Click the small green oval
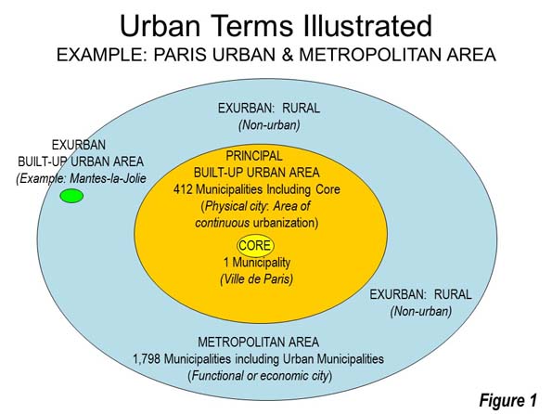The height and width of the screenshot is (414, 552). click(x=71, y=196)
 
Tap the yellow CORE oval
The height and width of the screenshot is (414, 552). click(x=255, y=245)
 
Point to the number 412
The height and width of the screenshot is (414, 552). click(x=183, y=189)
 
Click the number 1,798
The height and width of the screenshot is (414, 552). click(x=147, y=359)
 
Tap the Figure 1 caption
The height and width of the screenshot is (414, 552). click(x=508, y=400)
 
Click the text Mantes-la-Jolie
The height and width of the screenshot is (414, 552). click(x=108, y=178)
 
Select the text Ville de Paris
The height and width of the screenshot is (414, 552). click(x=257, y=279)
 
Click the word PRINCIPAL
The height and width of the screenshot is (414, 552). click(x=254, y=156)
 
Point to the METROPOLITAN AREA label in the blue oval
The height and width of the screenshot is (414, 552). click(x=259, y=343)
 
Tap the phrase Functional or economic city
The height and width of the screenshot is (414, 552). click(x=260, y=376)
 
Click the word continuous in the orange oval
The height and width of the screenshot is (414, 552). click(x=223, y=223)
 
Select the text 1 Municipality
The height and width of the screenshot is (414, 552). click(x=257, y=263)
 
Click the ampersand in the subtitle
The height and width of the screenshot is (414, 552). click(x=288, y=55)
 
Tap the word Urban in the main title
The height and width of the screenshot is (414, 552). click(x=160, y=26)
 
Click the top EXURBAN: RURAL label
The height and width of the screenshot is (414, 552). click(x=269, y=109)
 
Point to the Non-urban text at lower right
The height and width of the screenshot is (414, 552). click(x=421, y=312)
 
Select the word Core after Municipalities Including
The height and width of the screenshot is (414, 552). click(x=327, y=189)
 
